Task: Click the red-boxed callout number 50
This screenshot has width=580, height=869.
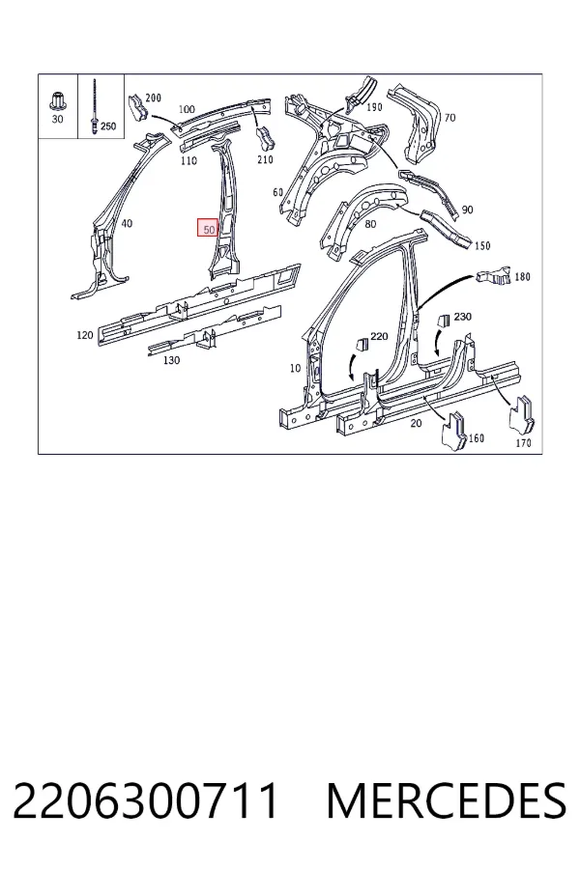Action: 209,228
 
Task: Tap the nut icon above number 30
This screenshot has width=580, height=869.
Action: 56,100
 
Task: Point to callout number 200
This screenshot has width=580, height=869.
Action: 153,98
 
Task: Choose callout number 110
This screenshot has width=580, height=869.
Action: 188,160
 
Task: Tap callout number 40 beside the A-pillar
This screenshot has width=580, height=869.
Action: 127,223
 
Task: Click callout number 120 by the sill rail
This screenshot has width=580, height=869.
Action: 84,335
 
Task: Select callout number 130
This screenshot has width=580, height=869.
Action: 171,360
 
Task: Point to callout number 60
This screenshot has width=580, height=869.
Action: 278,192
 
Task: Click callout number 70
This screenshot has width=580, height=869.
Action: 449,118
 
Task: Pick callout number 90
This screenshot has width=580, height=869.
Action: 467,210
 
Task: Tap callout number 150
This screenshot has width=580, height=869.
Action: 482,245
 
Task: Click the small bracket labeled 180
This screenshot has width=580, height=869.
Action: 493,275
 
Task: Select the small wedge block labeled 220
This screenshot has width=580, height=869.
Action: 362,344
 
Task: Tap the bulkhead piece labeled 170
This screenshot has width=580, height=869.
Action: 522,415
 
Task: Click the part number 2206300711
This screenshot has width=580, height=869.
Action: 145,800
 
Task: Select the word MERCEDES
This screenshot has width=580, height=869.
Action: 447,800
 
